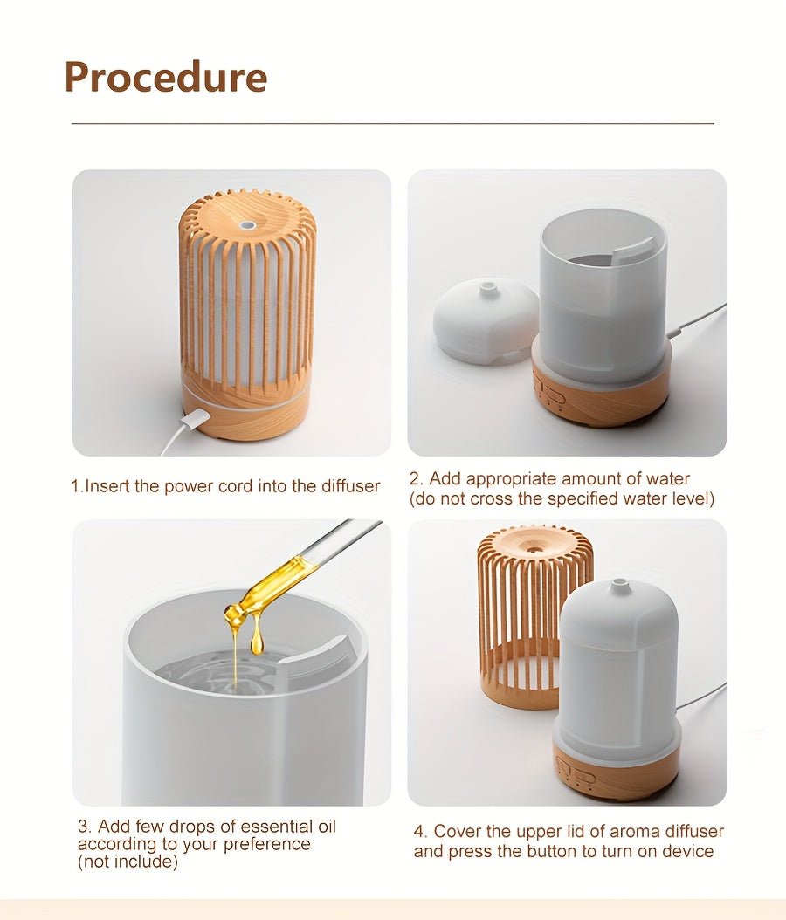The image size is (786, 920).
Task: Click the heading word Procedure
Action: pos(165,77)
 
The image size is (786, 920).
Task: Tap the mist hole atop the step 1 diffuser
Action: pos(247,224)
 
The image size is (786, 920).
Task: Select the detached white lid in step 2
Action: pos(486,321)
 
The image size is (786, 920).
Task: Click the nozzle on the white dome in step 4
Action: pos(619,586)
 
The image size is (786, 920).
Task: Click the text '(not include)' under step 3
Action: pos(128,862)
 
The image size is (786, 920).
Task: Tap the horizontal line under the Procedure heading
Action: pos(393,124)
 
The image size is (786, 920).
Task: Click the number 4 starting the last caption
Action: pos(419,832)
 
